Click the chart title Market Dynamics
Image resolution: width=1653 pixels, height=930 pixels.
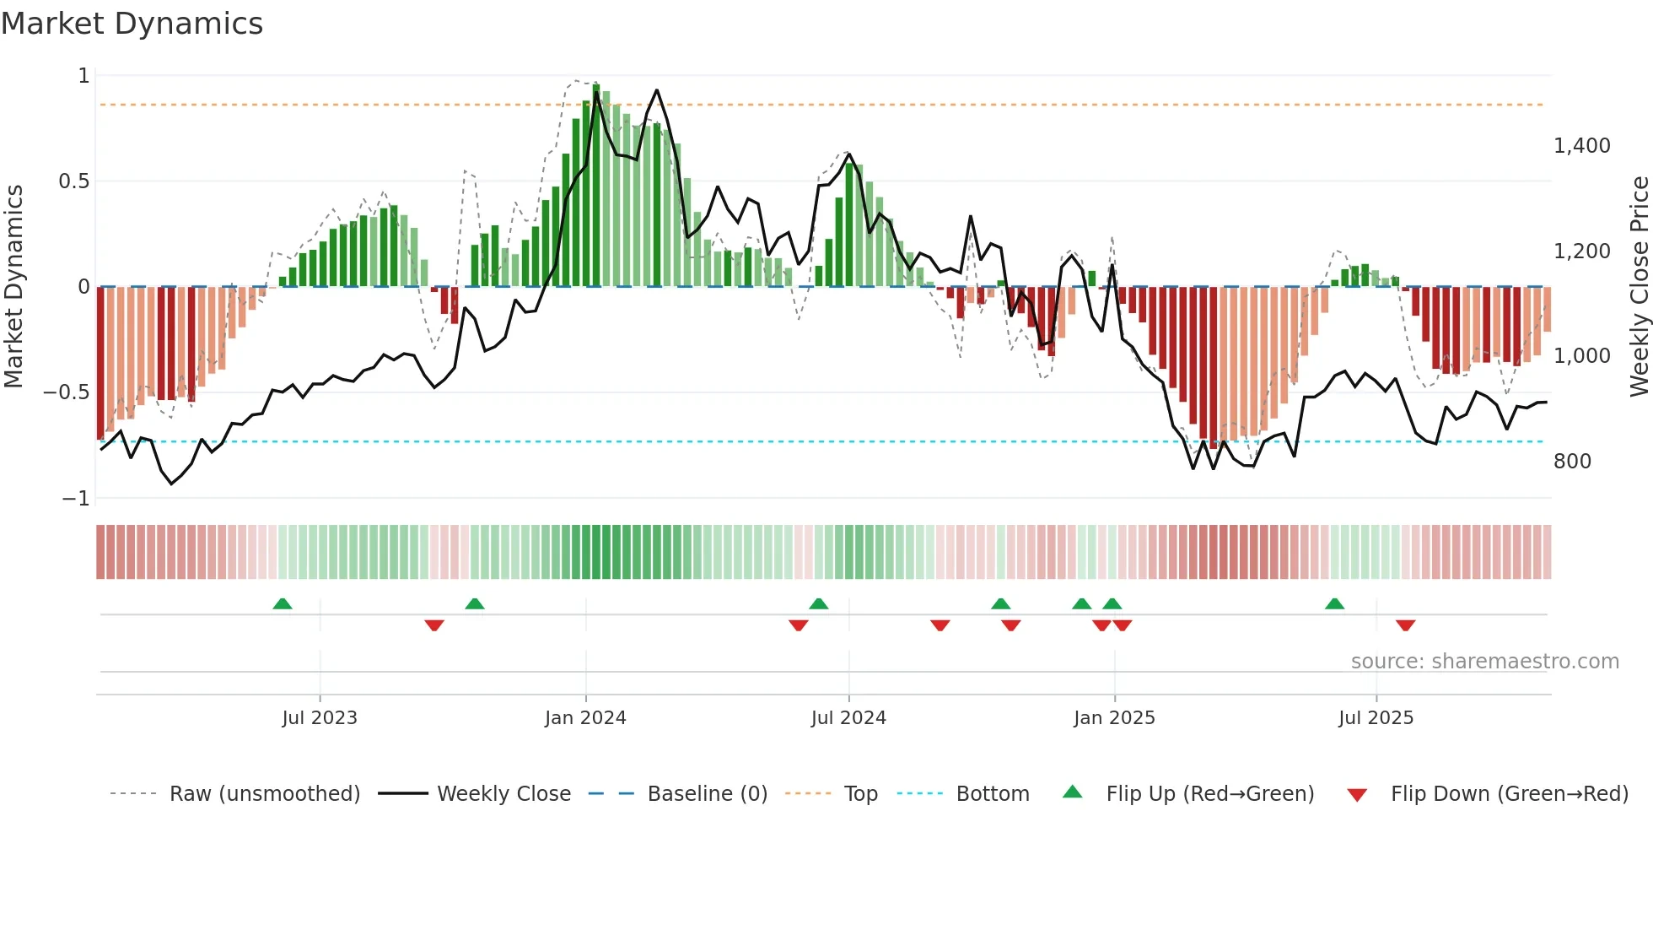(132, 24)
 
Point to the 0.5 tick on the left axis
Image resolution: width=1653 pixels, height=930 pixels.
(73, 181)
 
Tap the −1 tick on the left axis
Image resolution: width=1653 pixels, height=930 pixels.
(75, 499)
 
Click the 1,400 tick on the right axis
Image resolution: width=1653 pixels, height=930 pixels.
(1581, 146)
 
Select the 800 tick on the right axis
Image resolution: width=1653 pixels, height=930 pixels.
(1572, 462)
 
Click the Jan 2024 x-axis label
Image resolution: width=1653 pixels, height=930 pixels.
(585, 718)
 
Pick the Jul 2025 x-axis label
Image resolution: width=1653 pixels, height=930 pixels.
(1376, 718)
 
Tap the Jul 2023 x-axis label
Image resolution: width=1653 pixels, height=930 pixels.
(320, 718)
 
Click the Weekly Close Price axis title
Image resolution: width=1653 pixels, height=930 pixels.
(1639, 287)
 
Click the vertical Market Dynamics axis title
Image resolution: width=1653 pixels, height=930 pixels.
(13, 287)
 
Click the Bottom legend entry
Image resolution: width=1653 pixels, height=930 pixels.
(992, 794)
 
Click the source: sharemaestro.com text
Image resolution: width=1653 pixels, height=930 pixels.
(1484, 662)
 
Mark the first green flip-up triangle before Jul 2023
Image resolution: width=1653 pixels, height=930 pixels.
(283, 604)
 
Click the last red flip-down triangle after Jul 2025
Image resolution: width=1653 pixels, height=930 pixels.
(1405, 625)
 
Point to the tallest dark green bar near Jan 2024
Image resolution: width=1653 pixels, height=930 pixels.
(596, 186)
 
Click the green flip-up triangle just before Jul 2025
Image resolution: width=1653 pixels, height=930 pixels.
(1334, 604)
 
